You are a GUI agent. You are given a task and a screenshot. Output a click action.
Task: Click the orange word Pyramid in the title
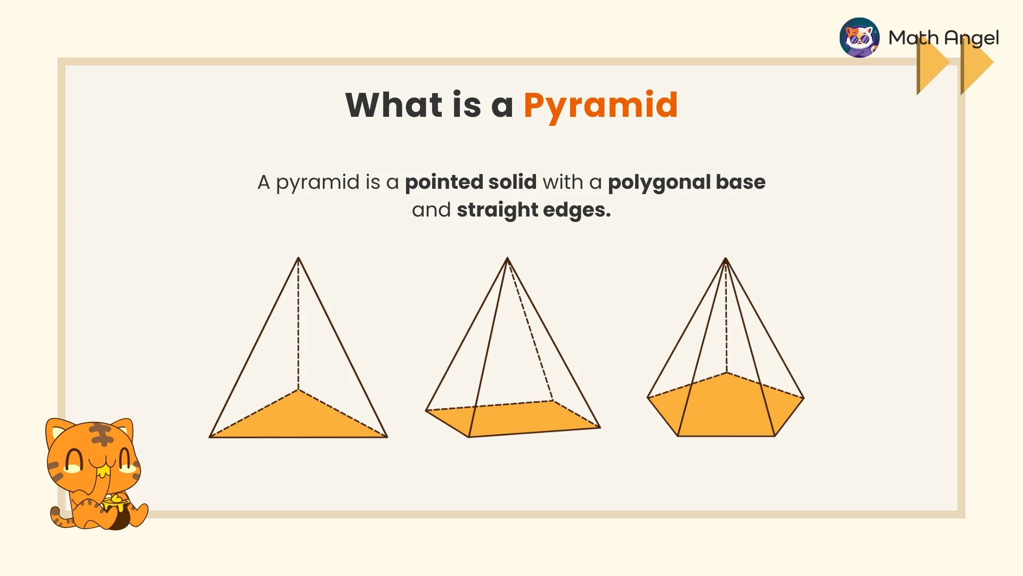tap(600, 105)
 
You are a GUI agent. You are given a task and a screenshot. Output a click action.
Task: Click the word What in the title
tap(394, 105)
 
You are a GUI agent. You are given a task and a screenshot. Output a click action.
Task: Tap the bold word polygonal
tap(659, 182)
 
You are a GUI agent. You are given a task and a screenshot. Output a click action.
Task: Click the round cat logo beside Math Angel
tap(859, 37)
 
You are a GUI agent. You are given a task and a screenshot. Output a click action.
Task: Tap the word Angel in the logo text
tap(971, 38)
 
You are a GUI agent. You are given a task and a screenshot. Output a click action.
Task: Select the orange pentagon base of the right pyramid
tap(725, 408)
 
